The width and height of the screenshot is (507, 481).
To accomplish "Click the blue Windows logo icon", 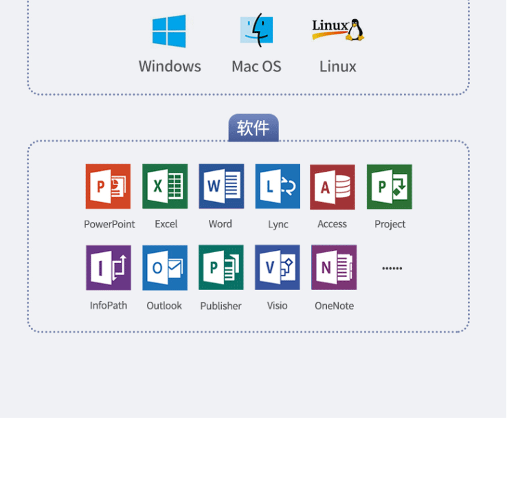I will pos(169,32).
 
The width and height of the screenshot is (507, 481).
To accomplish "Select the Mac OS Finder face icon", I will pos(256,31).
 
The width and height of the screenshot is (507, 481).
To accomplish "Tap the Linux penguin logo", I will pos(337,30).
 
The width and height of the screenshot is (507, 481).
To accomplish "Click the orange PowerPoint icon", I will pos(108,186).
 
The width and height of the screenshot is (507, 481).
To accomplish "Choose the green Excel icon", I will pos(165,186).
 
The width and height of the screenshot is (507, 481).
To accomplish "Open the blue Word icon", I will pos(221,186).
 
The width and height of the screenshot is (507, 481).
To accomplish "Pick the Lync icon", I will pos(278,186).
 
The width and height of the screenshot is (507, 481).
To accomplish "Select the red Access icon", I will pos(333,186).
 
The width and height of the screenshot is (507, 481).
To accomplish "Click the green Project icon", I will pos(390,186).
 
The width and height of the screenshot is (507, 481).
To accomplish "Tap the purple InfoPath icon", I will pos(109,267).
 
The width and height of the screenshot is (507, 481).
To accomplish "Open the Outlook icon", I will pos(165,267).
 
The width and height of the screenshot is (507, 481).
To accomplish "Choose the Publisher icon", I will pos(221,267).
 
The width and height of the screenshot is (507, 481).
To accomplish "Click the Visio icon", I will pos(278,267).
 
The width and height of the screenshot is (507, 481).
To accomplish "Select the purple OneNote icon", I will pos(334,267).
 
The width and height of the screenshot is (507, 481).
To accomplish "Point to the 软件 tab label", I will pos(253,128).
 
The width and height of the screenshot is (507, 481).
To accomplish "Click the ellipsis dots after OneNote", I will pos(392,269).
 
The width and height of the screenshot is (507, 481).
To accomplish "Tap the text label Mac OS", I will pos(256,67).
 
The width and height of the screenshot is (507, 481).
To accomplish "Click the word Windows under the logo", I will pos(170,67).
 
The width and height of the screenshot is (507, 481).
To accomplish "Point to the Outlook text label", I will pos(164,306).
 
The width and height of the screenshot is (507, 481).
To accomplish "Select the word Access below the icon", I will pos(333,225).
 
